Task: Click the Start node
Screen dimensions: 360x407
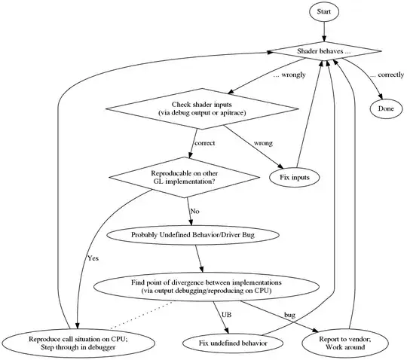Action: pos(323,12)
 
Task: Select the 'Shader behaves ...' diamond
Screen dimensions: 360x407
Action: pos(323,51)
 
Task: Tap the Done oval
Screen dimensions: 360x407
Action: pos(384,108)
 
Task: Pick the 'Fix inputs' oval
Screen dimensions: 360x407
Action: pos(295,177)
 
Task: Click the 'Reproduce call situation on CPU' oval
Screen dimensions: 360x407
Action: pos(78,343)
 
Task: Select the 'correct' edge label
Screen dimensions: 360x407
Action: pos(205,142)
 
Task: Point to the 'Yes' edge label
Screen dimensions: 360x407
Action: pos(93,258)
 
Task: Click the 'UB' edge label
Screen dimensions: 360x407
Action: pos(227,314)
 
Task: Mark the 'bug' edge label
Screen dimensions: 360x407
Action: pos(289,314)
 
